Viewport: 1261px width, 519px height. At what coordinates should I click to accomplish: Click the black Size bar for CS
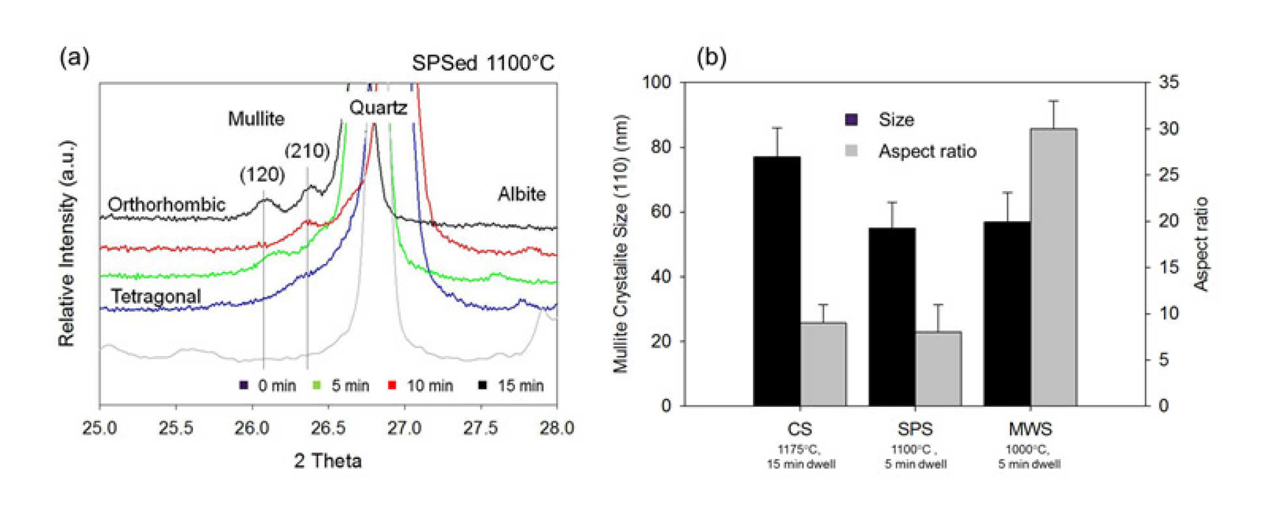[x=777, y=281]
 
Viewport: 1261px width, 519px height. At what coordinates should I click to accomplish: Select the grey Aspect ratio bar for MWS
[x=1053, y=267]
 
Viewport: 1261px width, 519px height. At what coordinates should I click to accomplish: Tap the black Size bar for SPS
[x=891, y=317]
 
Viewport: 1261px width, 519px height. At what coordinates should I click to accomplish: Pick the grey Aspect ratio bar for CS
[x=823, y=364]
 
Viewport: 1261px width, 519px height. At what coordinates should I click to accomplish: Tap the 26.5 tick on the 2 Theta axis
[x=328, y=428]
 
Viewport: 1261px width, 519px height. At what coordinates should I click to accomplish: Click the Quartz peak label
[x=378, y=108]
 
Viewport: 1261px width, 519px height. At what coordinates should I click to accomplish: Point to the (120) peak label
[x=262, y=175]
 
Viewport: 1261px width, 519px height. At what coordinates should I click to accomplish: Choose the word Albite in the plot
[x=522, y=194]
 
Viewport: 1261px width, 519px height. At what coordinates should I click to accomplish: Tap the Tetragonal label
[x=155, y=296]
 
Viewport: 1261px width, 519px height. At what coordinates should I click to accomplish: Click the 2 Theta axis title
[x=327, y=461]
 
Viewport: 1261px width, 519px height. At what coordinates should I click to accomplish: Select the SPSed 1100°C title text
[x=482, y=63]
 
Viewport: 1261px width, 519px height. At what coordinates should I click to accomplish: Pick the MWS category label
[x=1030, y=429]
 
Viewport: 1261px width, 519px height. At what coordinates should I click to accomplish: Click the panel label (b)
[x=711, y=57]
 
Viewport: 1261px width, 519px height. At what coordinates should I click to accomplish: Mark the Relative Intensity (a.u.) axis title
[x=67, y=243]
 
